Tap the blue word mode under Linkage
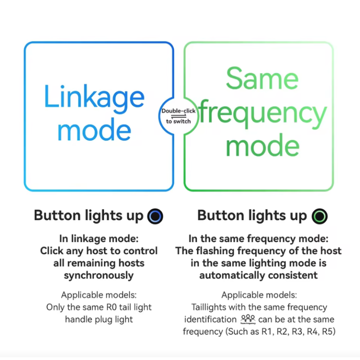[94, 130]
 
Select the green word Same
[262, 79]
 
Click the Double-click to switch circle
[179, 116]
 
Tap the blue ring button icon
[155, 216]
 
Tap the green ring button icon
[320, 216]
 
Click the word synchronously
[99, 275]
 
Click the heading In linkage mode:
[99, 238]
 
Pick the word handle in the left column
[79, 319]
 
